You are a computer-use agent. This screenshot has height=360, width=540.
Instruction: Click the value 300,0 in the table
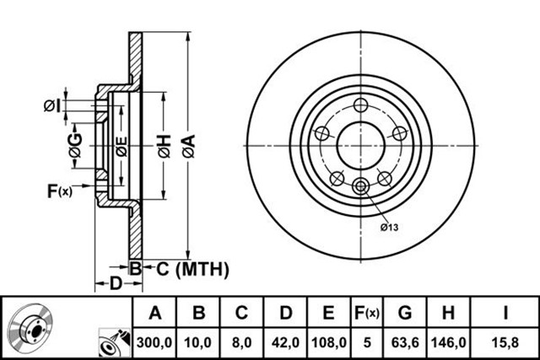point(154,342)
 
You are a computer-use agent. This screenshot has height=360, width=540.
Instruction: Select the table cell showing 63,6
point(405,342)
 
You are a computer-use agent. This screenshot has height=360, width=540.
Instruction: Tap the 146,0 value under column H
point(448,342)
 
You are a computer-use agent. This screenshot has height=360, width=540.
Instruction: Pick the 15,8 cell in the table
point(505,342)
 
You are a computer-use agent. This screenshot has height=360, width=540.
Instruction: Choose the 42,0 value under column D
point(285,342)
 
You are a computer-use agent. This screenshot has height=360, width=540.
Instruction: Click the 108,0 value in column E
point(329,342)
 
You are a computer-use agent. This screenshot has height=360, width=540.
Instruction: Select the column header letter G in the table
point(405,313)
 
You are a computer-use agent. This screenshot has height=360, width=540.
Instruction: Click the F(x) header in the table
point(367,313)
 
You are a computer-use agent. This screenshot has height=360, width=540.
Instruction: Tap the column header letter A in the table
point(155,313)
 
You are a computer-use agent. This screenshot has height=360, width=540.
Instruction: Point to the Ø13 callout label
point(390,227)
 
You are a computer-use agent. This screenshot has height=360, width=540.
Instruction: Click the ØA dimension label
point(189,146)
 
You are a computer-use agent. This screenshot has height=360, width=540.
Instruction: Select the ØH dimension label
point(165,146)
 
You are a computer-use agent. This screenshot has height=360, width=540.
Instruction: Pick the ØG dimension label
point(76,145)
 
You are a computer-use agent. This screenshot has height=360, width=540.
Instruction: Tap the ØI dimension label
point(52,105)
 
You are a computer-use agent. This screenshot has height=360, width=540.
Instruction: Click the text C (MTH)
point(192,269)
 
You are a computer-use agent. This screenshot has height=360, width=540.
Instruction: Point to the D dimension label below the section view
point(116,283)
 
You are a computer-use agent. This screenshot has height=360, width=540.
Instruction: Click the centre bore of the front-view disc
point(360,145)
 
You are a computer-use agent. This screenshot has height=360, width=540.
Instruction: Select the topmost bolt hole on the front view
point(360,105)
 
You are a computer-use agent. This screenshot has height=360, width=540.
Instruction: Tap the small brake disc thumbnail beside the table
point(30,325)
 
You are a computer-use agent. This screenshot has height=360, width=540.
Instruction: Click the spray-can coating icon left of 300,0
point(115,342)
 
